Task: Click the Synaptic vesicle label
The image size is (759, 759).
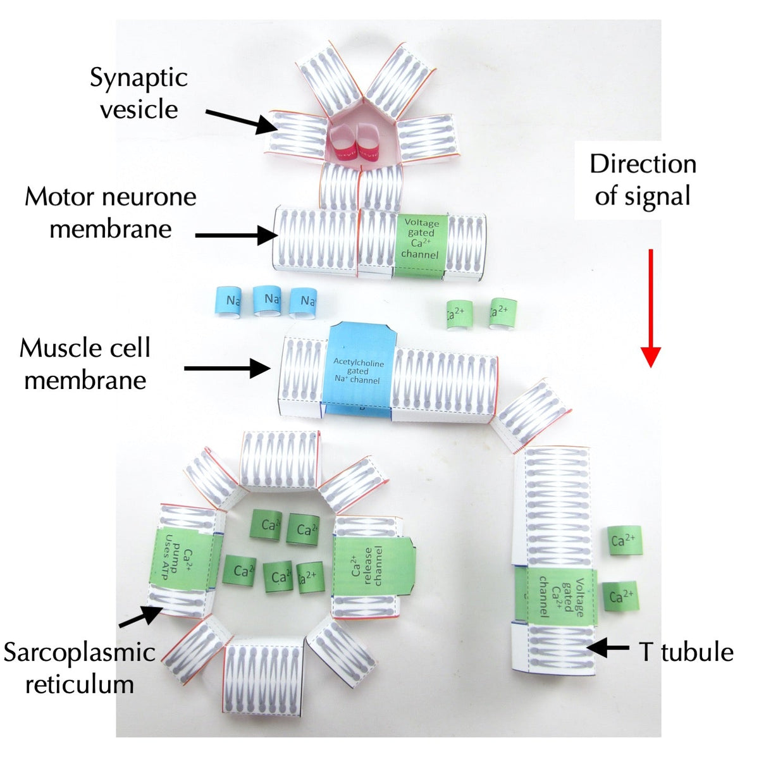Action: point(139,94)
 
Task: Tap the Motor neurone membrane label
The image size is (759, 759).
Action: point(111,213)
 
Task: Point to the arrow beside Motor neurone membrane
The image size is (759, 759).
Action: point(237,236)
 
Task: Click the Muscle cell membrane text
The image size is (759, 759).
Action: point(85,364)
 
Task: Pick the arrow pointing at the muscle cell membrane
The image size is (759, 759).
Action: point(228,367)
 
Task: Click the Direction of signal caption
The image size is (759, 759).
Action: point(643,180)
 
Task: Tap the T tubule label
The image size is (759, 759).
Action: point(686,652)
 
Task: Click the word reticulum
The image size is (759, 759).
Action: point(80,684)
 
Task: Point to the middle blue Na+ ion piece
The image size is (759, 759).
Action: point(271,300)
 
